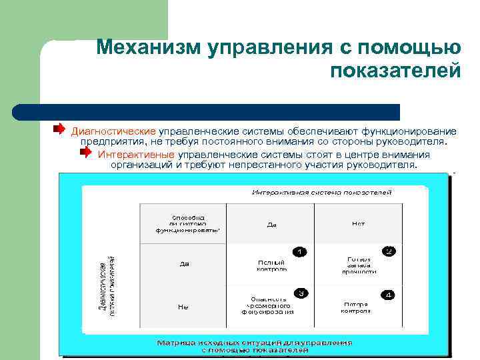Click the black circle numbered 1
tap(300, 251)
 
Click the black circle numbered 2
tap(388, 251)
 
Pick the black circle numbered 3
tap(301, 293)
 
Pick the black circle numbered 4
tap(388, 294)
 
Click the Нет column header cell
tap(358, 224)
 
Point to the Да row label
tap(184, 264)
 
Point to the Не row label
tap(183, 307)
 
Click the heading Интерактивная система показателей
tap(321, 192)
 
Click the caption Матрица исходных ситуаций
tap(254, 345)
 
